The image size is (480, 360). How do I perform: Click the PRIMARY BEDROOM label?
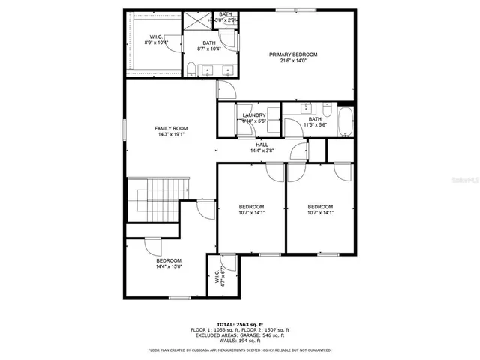click(294, 55)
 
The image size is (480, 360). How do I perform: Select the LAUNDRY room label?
click(254, 115)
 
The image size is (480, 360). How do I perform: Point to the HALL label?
click(262, 145)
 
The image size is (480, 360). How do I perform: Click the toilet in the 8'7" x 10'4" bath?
click(192, 70)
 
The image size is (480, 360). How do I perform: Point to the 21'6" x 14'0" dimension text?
click(294, 61)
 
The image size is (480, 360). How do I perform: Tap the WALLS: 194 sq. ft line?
click(240, 342)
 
